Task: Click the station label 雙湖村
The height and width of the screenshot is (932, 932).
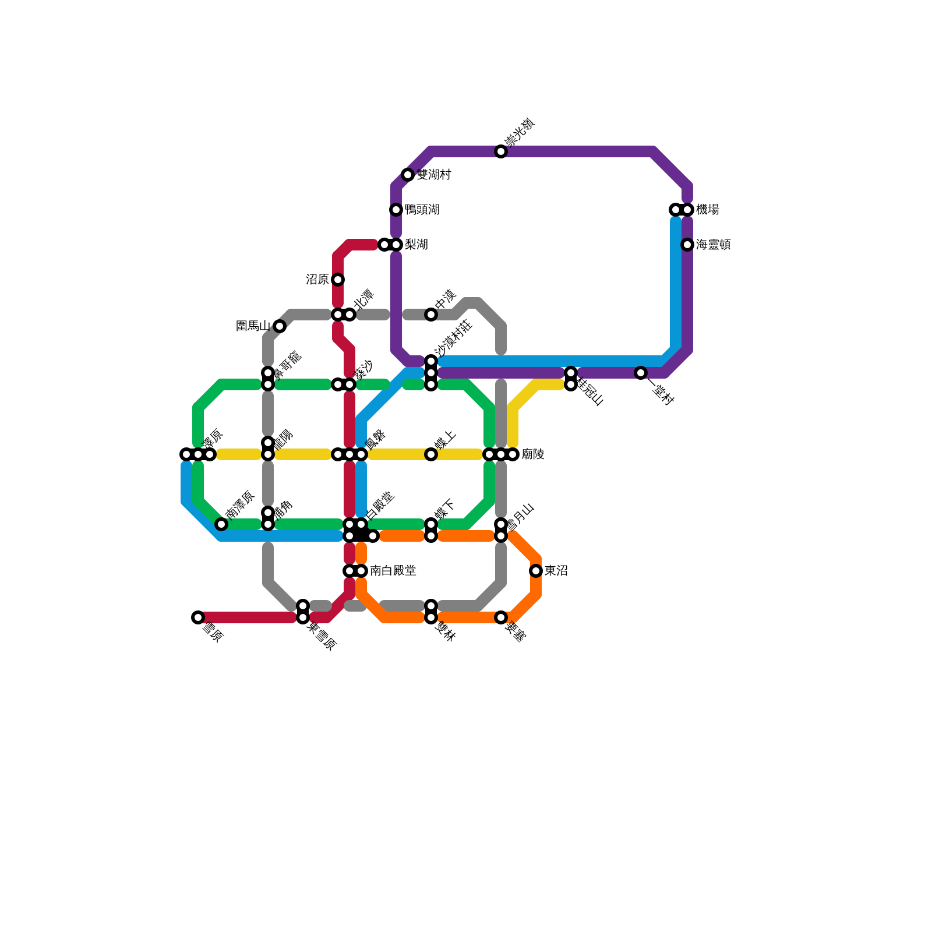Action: pos(434,175)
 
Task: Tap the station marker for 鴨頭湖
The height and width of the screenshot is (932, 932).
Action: pos(396,210)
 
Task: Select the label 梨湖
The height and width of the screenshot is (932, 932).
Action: pos(416,245)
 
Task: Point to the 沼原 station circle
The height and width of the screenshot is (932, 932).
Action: pos(338,280)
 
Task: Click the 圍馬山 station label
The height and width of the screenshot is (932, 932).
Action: pos(253,326)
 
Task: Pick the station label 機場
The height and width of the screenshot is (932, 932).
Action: pos(708,210)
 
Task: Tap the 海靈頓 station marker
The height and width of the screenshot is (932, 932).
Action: pos(687,245)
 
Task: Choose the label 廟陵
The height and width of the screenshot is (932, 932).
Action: pos(533,454)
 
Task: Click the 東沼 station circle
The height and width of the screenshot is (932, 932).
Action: pos(536,571)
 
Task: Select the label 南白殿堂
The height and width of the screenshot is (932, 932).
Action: pos(393,571)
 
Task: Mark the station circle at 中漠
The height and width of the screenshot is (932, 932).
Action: pos(431,315)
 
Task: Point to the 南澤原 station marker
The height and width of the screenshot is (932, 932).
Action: pos(221,524)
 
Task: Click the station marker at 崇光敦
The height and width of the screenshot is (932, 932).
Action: pos(501,151)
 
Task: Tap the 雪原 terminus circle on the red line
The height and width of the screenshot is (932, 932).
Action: pos(198,617)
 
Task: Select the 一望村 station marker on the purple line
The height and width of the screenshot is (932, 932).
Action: pos(641,373)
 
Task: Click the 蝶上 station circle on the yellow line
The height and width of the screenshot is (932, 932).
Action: pos(431,454)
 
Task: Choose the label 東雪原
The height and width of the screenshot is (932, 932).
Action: pos(322,636)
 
